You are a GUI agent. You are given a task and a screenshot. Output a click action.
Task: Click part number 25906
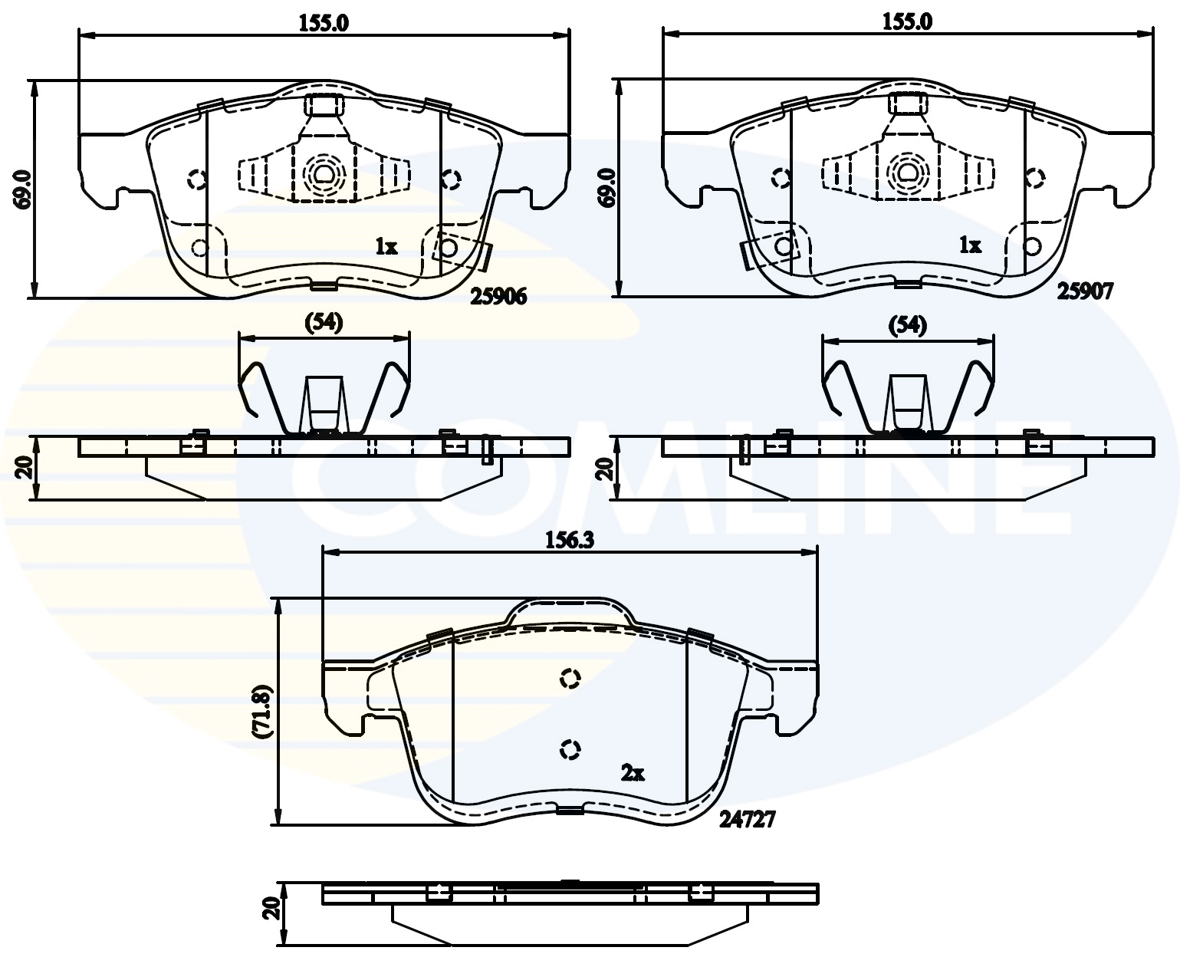(x=498, y=297)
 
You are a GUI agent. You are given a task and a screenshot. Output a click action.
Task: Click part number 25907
(x=1085, y=291)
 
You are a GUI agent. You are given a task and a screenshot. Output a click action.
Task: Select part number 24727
(x=747, y=820)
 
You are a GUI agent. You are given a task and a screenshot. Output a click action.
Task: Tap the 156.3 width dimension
(x=570, y=541)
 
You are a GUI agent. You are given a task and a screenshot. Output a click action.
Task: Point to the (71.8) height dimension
(x=262, y=712)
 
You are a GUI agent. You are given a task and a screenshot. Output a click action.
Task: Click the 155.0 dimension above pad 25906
(x=324, y=24)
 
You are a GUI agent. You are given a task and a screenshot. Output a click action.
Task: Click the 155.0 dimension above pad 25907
(x=907, y=22)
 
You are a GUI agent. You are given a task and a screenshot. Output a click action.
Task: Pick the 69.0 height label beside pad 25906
(x=23, y=190)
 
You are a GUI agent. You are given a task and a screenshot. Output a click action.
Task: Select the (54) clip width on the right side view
(x=908, y=325)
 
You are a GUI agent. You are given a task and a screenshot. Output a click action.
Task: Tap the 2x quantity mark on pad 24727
(x=633, y=773)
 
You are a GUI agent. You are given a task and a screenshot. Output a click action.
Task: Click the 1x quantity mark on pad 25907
(x=970, y=245)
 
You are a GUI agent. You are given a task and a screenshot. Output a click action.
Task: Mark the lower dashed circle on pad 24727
(x=570, y=748)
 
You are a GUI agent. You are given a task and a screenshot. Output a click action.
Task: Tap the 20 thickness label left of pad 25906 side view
(x=24, y=467)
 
